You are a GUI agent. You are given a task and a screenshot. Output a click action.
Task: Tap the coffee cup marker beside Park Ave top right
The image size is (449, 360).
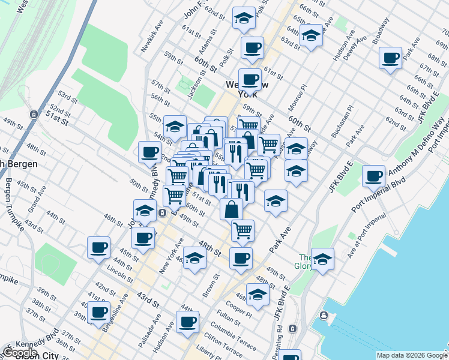tap(391, 59)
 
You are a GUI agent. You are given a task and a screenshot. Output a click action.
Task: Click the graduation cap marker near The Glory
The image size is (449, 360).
tap(322, 259)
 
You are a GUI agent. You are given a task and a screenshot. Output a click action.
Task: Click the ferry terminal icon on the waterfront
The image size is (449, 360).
tap(324, 316)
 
